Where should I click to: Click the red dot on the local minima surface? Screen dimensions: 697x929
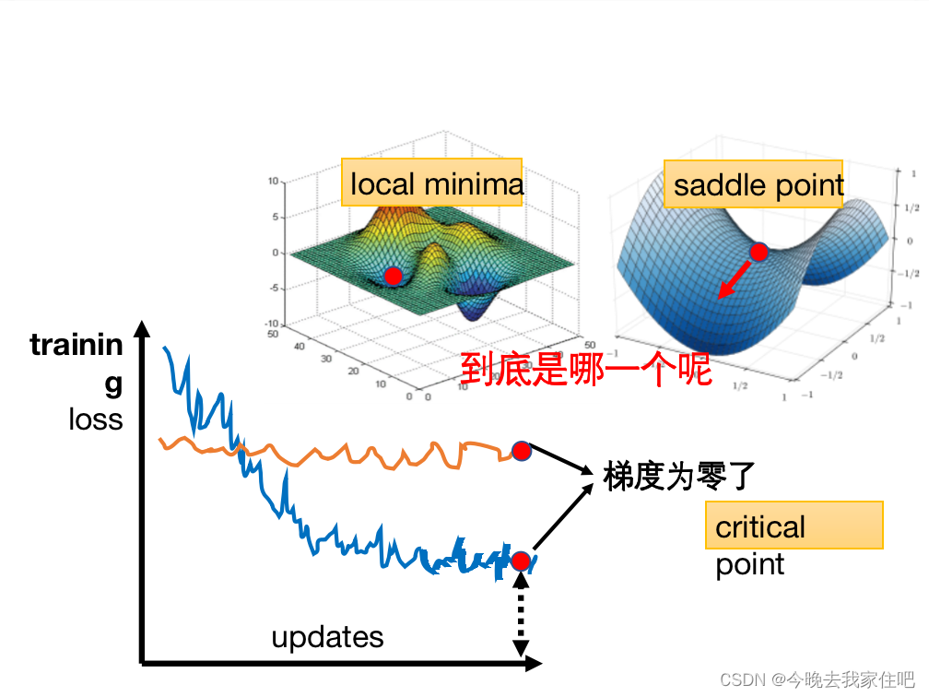tap(394, 276)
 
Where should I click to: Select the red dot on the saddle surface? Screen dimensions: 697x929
tap(758, 251)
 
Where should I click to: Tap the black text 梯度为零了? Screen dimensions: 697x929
tap(679, 476)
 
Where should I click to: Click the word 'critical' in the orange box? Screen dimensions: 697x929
tap(760, 527)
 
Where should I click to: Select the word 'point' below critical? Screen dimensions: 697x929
tap(749, 564)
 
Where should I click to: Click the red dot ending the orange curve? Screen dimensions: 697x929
tap(522, 451)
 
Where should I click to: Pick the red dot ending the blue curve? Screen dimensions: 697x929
tap(521, 561)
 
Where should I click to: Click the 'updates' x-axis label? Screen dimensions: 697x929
tap(327, 637)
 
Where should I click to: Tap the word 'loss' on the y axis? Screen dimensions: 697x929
tap(95, 419)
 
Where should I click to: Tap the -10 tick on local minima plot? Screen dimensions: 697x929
tap(273, 324)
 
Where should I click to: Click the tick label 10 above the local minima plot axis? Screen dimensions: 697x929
tap(273, 182)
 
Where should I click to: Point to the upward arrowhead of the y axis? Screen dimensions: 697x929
tap(141, 327)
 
